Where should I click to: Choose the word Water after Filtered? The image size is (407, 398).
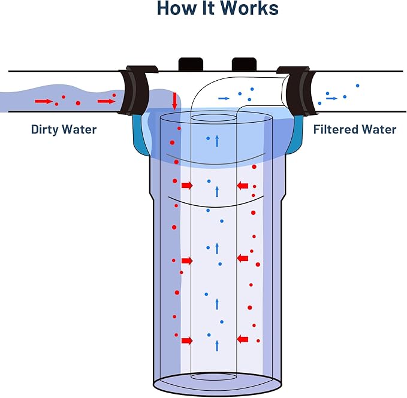coord(379,129)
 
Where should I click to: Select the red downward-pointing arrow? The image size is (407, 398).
coord(174,101)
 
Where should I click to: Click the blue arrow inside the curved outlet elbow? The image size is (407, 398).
coord(224,98)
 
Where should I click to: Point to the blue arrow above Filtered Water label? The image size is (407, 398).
coord(331,98)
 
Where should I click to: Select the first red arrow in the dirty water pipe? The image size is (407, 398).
coord(43,102)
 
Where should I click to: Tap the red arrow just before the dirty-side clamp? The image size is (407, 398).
coord(106,102)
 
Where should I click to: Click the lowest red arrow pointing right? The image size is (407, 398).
coord(187,341)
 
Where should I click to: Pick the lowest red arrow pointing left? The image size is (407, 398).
coord(243,339)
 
